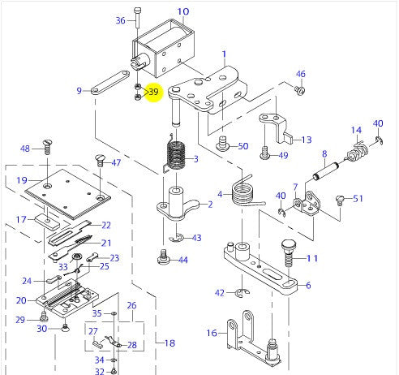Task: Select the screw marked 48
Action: pos(48,147)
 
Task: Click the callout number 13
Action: pos(305,140)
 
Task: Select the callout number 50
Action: pos(242,146)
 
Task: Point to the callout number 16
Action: pos(211,333)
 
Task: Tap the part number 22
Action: pos(105,226)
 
